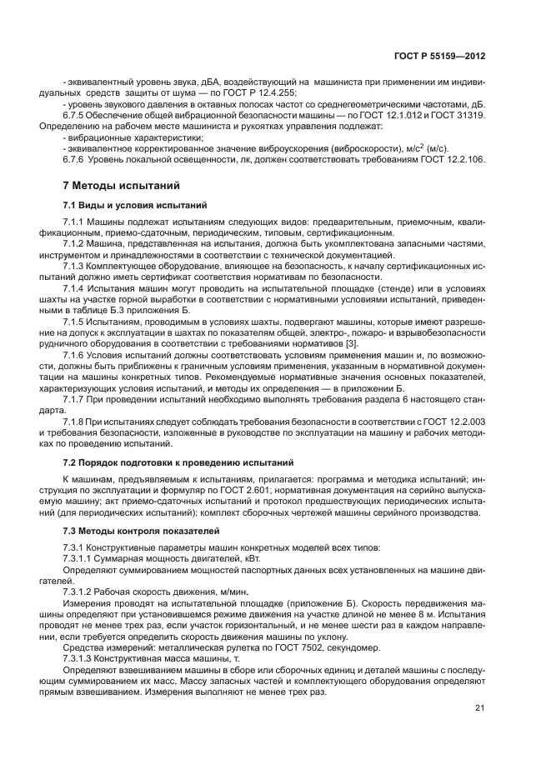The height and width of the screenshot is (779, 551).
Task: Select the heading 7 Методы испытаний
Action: (x=117, y=185)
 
